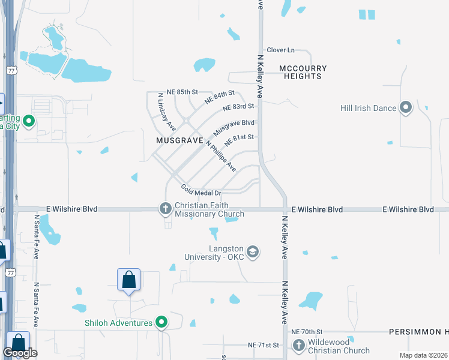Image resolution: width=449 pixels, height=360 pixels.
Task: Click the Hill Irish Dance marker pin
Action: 406,108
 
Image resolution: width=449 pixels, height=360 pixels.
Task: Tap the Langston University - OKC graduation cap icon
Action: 253,251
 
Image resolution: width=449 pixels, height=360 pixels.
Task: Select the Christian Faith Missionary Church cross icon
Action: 166,209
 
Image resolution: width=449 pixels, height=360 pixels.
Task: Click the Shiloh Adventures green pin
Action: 161,323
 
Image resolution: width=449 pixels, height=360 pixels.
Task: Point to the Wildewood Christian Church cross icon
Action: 298,345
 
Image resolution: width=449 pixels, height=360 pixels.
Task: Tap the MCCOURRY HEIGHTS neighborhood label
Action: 303,73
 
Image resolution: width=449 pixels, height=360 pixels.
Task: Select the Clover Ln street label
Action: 281,50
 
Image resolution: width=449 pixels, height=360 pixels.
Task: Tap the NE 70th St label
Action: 307,332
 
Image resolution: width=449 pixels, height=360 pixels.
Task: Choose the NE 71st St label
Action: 264,346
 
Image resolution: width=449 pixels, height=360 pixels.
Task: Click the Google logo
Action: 20,353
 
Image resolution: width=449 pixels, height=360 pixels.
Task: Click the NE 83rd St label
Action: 238,107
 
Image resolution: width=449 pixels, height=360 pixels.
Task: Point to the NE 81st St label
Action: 240,140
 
